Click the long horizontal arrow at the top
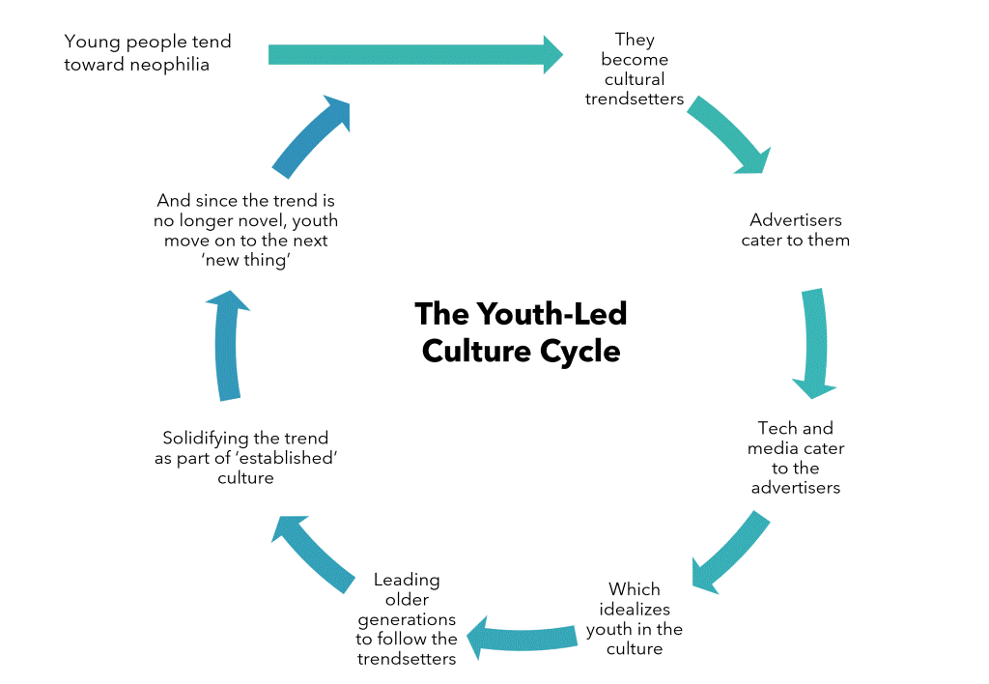click(415, 55)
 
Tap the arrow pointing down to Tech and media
click(815, 343)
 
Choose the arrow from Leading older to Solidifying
click(311, 553)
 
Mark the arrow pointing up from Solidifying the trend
click(227, 346)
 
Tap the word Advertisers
click(796, 220)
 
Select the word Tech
click(775, 428)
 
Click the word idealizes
click(635, 610)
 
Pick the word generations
click(407, 620)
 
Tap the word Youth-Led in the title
click(551, 314)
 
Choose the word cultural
click(635, 79)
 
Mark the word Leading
click(407, 581)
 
